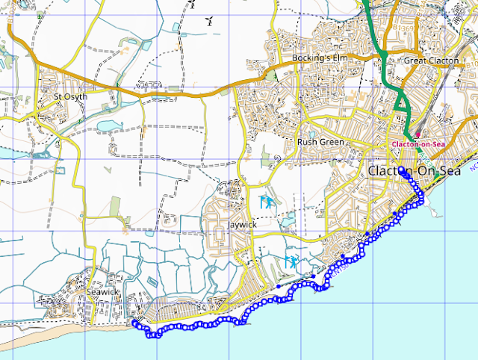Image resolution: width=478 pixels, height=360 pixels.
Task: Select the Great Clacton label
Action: coord(431,60)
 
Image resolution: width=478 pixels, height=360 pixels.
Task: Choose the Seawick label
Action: coord(102,292)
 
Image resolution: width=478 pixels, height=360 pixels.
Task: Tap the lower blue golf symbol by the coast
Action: coord(292,261)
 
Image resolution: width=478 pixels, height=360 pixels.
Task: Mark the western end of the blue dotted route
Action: coord(135,323)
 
